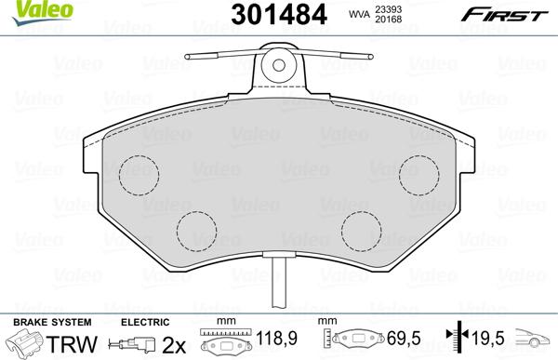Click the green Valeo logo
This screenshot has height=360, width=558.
tap(42, 12)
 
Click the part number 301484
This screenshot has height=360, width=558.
tap(279, 15)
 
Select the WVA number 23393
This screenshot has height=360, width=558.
tap(388, 9)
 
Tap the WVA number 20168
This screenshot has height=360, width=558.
tap(388, 19)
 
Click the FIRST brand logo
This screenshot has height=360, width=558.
tap(504, 15)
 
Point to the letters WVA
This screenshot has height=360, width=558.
tap(359, 14)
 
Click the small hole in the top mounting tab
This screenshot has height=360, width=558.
tap(279, 65)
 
